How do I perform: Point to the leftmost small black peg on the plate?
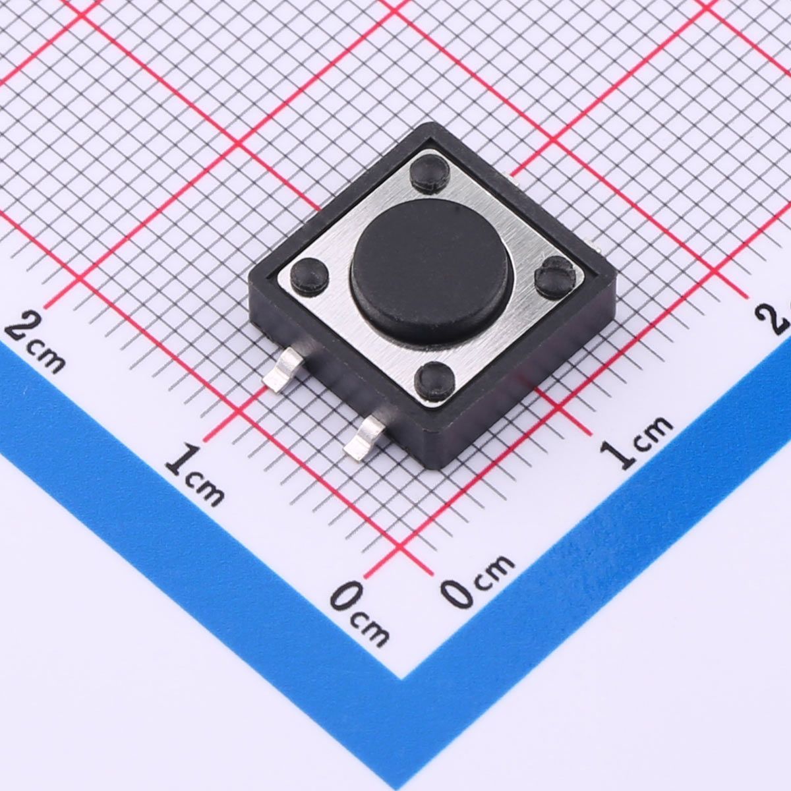(x=309, y=276)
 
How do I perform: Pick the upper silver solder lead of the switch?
(x=283, y=368)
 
